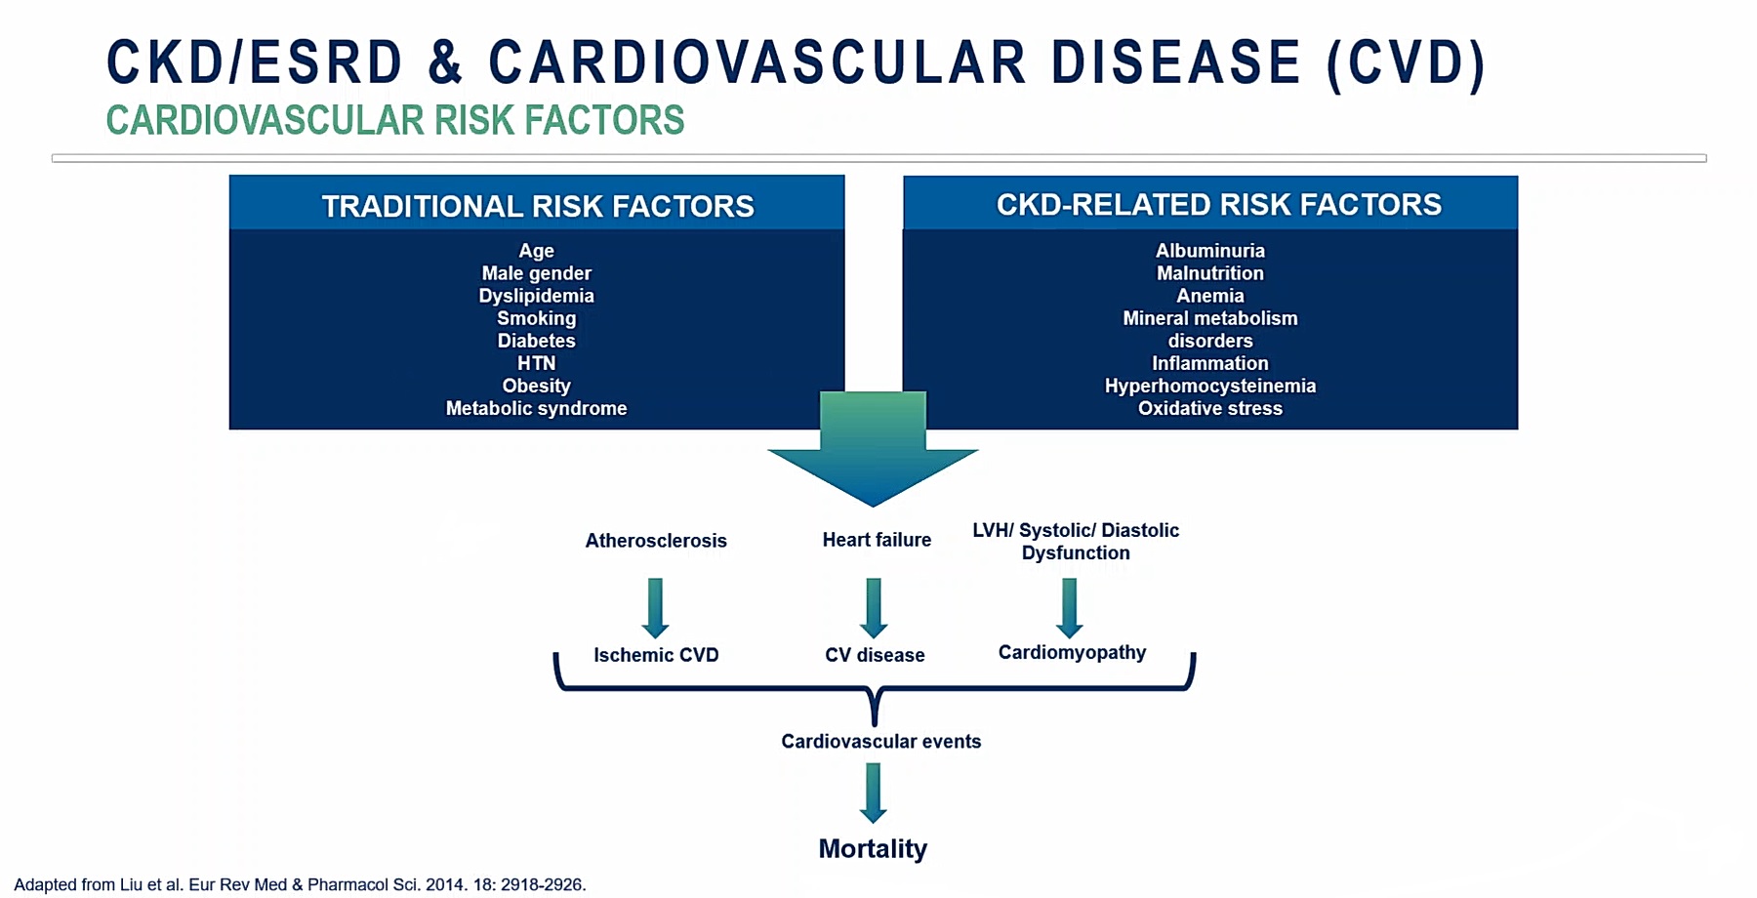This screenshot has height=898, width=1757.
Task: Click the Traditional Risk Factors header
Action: tap(537, 206)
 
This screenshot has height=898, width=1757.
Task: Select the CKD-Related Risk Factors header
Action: tap(1218, 204)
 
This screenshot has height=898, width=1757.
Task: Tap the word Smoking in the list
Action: tap(536, 318)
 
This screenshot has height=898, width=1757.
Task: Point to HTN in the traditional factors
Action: tap(536, 363)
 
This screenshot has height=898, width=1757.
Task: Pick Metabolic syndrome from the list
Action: tap(536, 408)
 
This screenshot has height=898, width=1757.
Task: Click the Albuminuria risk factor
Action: tap(1209, 251)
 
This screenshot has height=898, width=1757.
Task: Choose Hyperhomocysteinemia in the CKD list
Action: tap(1209, 386)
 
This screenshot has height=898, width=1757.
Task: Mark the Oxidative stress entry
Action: tap(1209, 408)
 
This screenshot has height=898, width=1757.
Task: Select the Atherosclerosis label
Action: tap(656, 541)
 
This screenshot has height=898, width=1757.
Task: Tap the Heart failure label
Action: tap(877, 540)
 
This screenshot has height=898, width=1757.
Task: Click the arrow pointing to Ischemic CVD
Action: tap(655, 606)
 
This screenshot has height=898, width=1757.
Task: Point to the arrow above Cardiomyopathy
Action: tap(1069, 606)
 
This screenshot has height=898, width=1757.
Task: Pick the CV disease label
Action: tap(875, 655)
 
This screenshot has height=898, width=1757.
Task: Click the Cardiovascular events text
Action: tap(880, 741)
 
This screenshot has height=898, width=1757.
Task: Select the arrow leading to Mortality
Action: tap(873, 792)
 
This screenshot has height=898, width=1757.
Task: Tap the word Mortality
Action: tap(873, 848)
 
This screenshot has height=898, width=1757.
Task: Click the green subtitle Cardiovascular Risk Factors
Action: tap(395, 121)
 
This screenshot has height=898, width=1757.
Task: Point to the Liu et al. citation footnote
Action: tap(300, 884)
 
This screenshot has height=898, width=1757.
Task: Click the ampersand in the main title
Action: tap(445, 62)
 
